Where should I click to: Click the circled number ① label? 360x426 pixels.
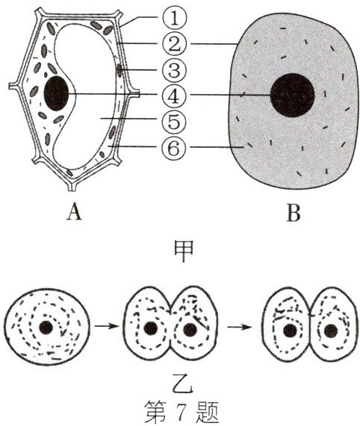[x=175, y=18]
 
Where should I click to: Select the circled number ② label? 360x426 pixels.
[x=175, y=44]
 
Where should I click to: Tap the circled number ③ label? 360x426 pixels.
[x=175, y=70]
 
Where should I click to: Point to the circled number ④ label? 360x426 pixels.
[x=175, y=95]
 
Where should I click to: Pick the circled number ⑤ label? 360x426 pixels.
[x=175, y=121]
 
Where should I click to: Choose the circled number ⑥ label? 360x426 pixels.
[x=175, y=148]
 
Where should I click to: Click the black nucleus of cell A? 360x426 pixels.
[x=56, y=93]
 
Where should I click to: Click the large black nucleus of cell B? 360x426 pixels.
[x=292, y=95]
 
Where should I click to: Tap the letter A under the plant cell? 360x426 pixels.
[x=74, y=213]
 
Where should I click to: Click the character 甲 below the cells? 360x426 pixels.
[x=184, y=251]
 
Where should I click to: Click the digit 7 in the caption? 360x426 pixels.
[x=181, y=411]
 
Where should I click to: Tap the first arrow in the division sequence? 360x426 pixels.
[x=107, y=326]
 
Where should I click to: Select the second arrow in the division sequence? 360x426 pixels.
[x=240, y=327]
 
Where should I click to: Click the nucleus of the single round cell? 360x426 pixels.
[x=46, y=328]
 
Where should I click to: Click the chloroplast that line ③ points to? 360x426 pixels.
[x=120, y=70]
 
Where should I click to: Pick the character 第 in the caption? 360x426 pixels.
[x=155, y=411]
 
